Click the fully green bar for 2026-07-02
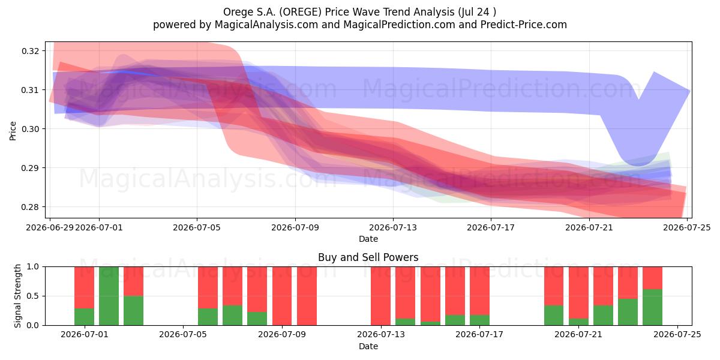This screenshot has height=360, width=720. (x=109, y=296)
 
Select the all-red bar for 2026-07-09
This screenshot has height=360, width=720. (x=282, y=296)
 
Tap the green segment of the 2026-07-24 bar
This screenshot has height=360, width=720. (x=653, y=307)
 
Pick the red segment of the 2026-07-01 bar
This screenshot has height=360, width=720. (x=84, y=287)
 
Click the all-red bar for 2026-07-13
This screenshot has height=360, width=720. (x=380, y=296)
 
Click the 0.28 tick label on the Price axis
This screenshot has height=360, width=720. (x=31, y=207)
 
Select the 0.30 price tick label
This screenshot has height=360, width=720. (x=31, y=129)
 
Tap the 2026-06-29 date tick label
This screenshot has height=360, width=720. (x=50, y=227)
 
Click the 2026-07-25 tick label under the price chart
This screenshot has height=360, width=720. (x=687, y=227)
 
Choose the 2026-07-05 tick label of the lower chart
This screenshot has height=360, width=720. (x=183, y=334)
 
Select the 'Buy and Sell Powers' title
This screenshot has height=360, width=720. (x=368, y=257)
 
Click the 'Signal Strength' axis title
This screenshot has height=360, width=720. (x=17, y=296)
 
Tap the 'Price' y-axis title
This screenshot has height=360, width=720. (x=13, y=131)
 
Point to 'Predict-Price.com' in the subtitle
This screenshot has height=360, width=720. (x=524, y=25)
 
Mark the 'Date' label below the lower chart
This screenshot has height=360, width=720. (x=368, y=346)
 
